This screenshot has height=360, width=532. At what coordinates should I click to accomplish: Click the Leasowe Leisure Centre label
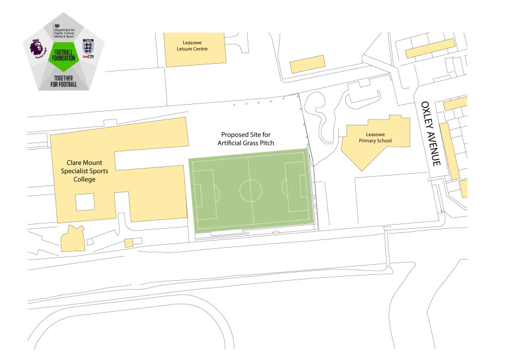[184, 45]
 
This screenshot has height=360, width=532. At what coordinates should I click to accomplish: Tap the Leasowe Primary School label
[375, 137]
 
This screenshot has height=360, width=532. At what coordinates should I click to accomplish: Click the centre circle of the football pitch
[251, 190]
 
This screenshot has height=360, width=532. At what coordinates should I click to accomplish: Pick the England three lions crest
[88, 48]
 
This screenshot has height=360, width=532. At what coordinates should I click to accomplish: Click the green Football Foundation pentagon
[63, 57]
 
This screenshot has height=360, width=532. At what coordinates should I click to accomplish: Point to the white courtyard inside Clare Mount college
[85, 202]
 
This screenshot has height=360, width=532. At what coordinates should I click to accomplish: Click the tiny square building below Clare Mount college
[129, 242]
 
